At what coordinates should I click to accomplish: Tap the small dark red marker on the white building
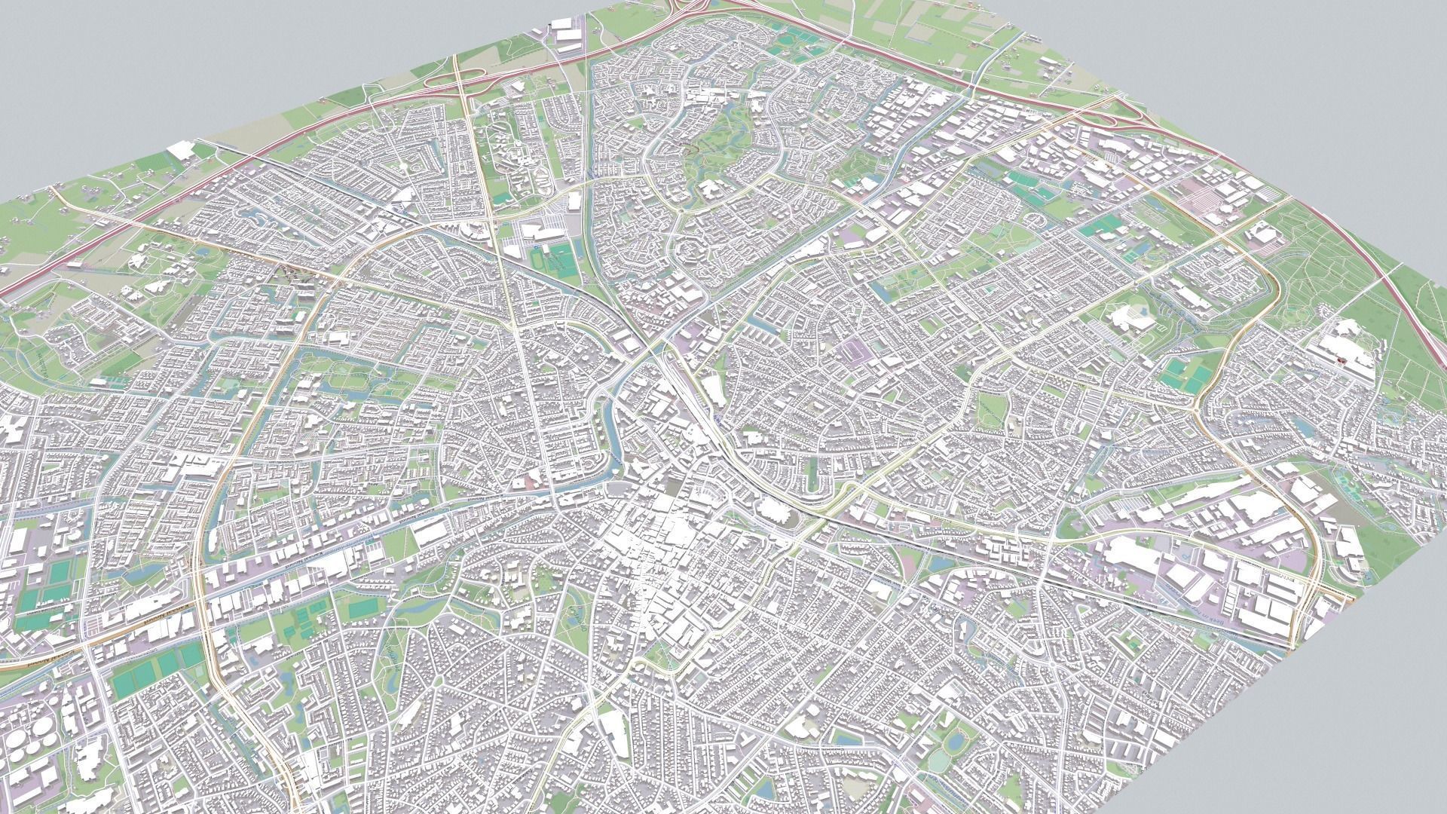pyautogui.click(x=1341, y=362)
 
